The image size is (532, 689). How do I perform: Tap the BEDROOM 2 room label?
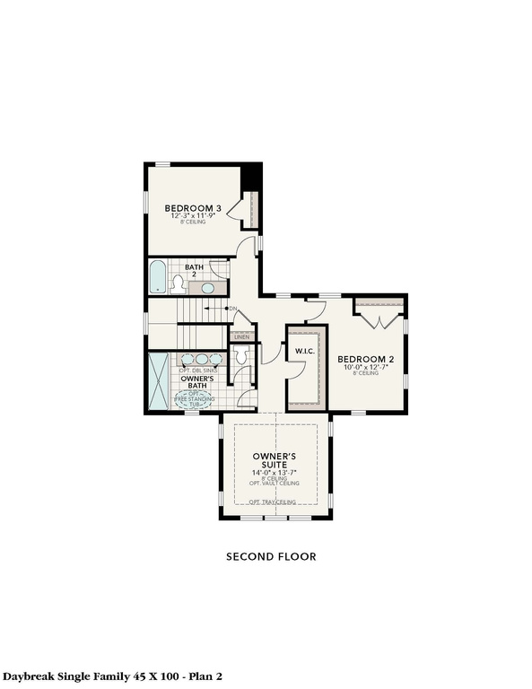[368, 358]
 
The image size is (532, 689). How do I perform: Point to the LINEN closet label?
[242, 336]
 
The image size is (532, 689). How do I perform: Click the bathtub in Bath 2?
[158, 277]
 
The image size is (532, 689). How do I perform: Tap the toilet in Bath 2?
[179, 285]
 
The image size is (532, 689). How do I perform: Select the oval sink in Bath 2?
[208, 288]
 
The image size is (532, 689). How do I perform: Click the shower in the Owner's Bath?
[159, 381]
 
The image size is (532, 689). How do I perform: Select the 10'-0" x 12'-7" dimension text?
[368, 366]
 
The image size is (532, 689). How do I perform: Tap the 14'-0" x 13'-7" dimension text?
[274, 475]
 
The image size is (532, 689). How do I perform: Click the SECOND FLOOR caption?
[270, 556]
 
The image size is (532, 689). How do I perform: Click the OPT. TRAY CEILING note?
[274, 501]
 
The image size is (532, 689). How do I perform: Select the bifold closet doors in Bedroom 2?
[379, 317]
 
